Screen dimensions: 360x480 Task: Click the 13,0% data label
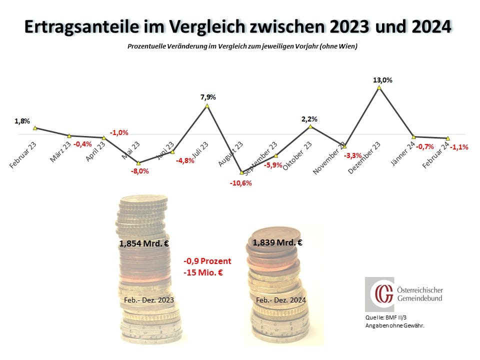(x=382, y=79)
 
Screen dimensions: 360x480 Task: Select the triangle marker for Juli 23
(x=207, y=106)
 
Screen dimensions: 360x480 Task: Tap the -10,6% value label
(x=241, y=183)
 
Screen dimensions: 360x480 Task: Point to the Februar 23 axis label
(x=23, y=153)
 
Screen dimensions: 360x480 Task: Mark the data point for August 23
(x=241, y=172)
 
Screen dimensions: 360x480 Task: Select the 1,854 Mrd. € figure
(x=143, y=243)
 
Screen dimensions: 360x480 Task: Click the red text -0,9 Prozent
(x=207, y=261)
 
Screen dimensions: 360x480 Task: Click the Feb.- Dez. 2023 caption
(x=148, y=299)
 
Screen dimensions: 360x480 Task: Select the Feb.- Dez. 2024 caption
(x=280, y=300)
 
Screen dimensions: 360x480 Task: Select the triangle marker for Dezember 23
(x=379, y=87)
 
